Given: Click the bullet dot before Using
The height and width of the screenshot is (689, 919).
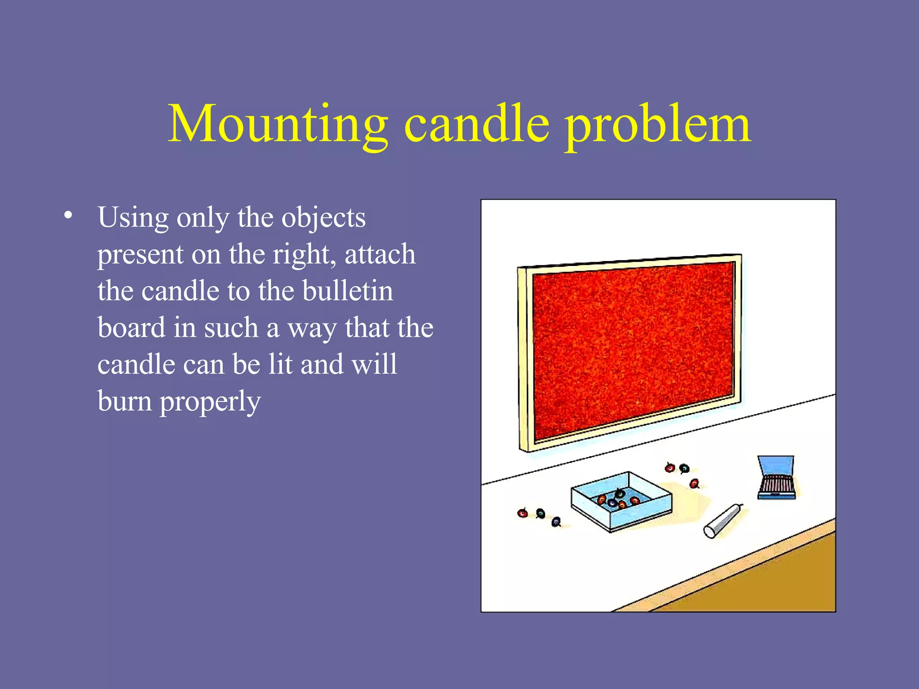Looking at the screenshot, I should (68, 215).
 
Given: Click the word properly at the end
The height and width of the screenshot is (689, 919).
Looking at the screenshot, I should (210, 401).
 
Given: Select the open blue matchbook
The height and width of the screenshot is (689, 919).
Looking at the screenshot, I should (776, 478).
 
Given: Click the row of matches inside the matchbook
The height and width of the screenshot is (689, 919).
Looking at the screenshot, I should (776, 484).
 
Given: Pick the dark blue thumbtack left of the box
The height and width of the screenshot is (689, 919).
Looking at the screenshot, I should (556, 522).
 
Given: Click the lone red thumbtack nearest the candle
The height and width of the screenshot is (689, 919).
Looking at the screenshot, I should (694, 484).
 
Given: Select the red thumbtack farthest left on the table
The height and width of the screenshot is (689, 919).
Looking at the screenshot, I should (522, 513).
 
